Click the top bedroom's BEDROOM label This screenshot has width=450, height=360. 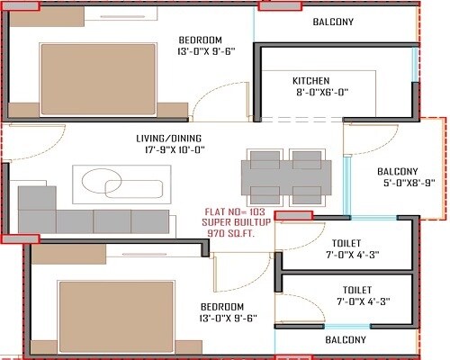coord(200,40)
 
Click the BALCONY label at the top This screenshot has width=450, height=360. coord(333,22)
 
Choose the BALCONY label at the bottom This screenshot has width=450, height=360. coord(345,339)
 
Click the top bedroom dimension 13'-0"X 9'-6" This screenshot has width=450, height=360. coord(200,51)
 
